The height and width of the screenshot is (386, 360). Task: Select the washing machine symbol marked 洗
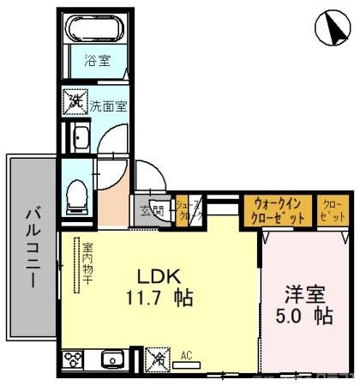75,103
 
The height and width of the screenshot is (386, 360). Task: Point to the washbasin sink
80,137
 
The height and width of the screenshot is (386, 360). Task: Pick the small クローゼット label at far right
331,211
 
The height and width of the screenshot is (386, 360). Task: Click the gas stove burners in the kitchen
73,359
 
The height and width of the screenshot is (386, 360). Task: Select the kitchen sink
111,359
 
